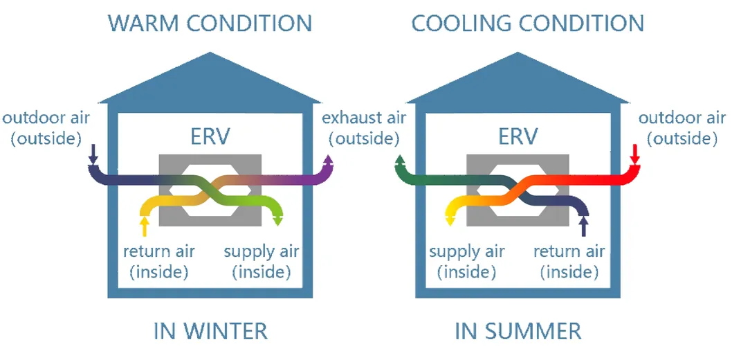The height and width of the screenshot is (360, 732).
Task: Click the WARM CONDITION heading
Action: point(210,23)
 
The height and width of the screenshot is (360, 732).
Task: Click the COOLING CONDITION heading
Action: point(528,23)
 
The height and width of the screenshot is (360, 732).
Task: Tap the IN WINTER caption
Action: point(210,331)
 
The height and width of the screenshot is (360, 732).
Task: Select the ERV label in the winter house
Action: point(210,136)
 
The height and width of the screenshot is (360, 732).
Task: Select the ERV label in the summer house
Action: point(518,136)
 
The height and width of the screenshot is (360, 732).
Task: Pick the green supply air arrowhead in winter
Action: point(277,220)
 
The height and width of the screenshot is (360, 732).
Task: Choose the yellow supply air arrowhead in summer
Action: point(450,220)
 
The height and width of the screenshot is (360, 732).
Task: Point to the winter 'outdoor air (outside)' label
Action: point(46,127)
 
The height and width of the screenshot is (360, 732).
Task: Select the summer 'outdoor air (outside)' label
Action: point(681,127)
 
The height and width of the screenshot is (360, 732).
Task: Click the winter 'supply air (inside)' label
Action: point(262,261)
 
